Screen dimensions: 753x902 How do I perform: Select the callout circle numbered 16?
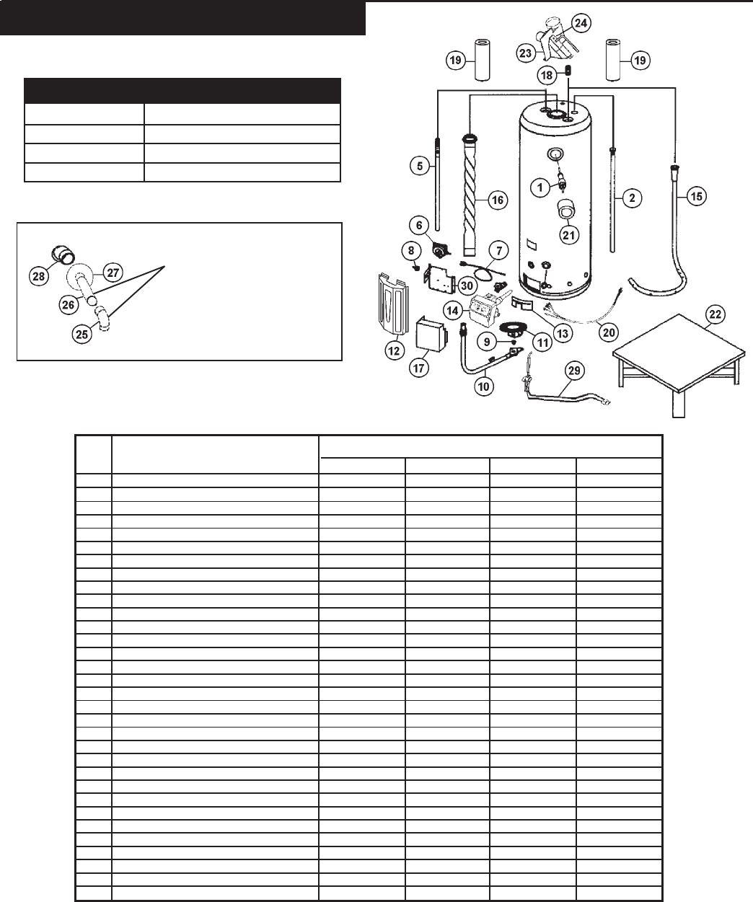coord(498,200)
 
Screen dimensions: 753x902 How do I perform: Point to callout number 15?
coord(697,195)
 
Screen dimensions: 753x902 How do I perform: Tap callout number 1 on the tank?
coord(539,187)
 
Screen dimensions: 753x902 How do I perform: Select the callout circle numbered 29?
coord(573,371)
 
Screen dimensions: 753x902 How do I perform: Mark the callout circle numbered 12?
coord(393,351)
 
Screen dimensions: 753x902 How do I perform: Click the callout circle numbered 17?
coord(419,367)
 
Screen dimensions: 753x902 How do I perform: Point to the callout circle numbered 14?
coord(453,311)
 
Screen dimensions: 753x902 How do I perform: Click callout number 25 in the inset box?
coord(83,335)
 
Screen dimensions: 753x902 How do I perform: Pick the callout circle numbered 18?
coord(547,75)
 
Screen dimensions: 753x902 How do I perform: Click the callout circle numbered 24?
coord(581,23)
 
